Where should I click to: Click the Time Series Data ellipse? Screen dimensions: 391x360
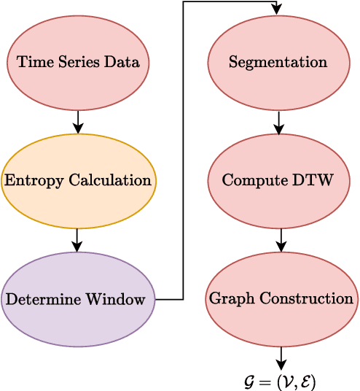(x=78, y=62)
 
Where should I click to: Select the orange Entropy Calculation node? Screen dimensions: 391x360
(x=78, y=180)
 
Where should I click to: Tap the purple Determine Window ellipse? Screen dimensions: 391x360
(x=78, y=299)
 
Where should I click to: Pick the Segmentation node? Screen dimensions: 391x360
(x=278, y=62)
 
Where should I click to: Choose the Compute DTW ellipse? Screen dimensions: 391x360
(x=278, y=180)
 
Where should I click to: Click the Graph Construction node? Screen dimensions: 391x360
(x=281, y=299)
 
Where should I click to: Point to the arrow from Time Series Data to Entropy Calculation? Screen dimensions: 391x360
(x=78, y=121)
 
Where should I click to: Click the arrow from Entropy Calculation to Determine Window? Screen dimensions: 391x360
(x=78, y=240)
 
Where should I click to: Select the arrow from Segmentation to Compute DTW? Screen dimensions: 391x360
(x=278, y=121)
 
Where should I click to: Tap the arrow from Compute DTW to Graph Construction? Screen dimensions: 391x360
(x=281, y=240)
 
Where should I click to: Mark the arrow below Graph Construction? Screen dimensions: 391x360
(x=281, y=357)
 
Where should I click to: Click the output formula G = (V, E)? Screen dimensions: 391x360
(x=280, y=382)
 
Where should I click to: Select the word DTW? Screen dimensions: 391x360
(x=318, y=180)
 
